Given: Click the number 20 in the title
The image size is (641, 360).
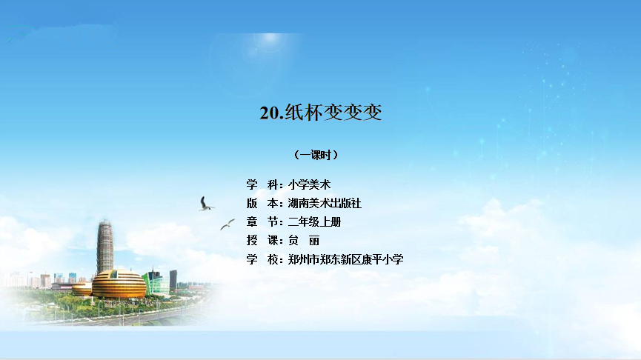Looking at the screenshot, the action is pyautogui.click(x=269, y=113).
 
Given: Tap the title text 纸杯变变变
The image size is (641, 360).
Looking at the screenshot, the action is pyautogui.click(x=333, y=113).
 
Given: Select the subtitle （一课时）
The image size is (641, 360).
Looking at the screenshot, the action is pyautogui.click(x=316, y=155).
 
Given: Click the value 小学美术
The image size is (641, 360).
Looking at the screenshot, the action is pyautogui.click(x=310, y=184).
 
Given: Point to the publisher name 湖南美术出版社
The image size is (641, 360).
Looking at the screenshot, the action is pyautogui.click(x=325, y=203).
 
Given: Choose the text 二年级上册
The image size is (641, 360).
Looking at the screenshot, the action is pyautogui.click(x=314, y=222).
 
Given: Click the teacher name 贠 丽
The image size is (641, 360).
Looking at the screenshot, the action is pyautogui.click(x=304, y=241).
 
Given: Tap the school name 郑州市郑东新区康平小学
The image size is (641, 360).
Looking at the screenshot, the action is pyautogui.click(x=345, y=259).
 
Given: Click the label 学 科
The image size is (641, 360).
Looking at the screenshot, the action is pyautogui.click(x=262, y=184).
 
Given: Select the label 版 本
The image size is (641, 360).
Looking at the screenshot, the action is pyautogui.click(x=262, y=203).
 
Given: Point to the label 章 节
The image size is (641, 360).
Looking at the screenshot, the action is pyautogui.click(x=262, y=222).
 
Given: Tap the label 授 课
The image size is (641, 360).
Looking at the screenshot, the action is pyautogui.click(x=262, y=241).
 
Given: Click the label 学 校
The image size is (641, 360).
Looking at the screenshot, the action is pyautogui.click(x=262, y=259).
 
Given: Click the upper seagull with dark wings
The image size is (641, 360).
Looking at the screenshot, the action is pyautogui.click(x=205, y=204).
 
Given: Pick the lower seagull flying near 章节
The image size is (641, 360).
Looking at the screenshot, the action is pyautogui.click(x=227, y=224).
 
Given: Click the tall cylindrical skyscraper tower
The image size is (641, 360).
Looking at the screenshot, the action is pyautogui.click(x=105, y=246).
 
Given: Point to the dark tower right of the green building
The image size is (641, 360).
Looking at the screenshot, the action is pyautogui.click(x=173, y=280).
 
